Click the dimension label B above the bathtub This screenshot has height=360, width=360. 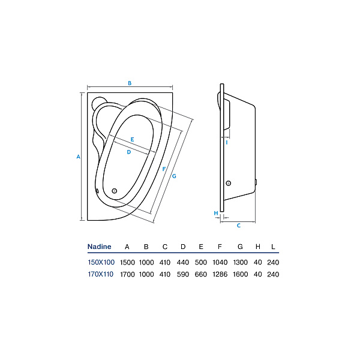click(130, 83)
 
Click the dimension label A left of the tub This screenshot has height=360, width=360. click(78, 157)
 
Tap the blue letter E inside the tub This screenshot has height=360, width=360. click(132, 139)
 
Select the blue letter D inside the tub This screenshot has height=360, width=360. click(129, 152)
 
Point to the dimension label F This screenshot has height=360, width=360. click(164, 169)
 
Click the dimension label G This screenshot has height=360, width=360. click(174, 176)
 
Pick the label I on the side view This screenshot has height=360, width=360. click(227, 143)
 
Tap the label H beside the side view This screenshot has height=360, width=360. click(216, 213)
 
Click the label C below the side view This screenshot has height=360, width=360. click(239, 226)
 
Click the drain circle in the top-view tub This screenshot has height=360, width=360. click(115, 191)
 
